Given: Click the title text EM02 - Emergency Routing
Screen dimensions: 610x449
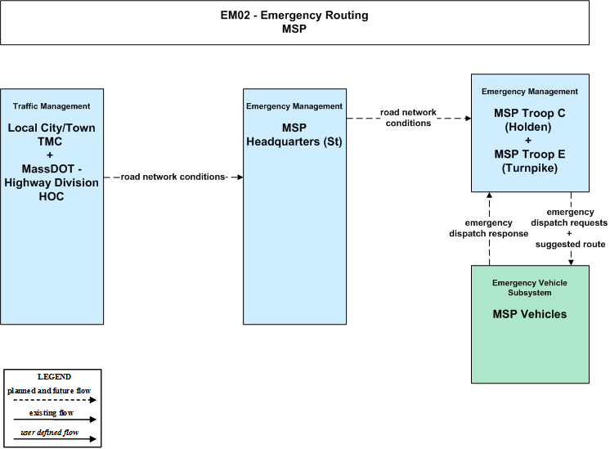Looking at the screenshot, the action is tap(294, 16).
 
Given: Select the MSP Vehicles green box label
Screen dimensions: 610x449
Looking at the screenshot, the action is tap(530, 314).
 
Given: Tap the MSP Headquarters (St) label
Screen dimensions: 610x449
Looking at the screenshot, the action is tap(294, 135).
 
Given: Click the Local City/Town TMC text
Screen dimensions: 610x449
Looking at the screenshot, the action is tap(52, 135).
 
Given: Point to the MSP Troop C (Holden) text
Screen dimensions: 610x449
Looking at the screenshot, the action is tap(529, 120).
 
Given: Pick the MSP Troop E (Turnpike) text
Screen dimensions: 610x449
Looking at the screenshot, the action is tap(530, 161).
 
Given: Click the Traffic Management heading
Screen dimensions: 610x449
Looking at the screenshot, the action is tap(52, 106).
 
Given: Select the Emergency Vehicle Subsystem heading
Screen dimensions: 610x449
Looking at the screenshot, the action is tap(530, 288).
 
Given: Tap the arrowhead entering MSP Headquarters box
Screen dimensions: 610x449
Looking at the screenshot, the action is tap(240, 177).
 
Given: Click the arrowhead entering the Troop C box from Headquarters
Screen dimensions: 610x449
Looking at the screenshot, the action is tap(468, 119).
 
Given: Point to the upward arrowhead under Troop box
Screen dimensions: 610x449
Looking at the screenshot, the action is tap(490, 195).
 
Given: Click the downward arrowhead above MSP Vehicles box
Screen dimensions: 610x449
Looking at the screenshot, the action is tap(571, 263).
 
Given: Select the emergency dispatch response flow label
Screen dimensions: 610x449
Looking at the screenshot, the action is tap(489, 228).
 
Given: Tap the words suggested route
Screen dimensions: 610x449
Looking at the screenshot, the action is tap(570, 245).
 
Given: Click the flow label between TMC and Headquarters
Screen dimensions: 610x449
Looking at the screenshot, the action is tap(173, 177).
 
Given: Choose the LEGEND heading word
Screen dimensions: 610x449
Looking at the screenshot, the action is tap(54, 377).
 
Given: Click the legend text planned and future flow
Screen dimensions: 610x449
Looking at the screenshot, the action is tap(49, 391).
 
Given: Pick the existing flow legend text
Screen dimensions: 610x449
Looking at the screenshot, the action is tap(52, 413).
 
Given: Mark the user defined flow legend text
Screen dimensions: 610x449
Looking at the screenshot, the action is tap(49, 433).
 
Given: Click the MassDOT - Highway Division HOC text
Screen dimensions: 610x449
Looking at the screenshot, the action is tap(52, 182).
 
